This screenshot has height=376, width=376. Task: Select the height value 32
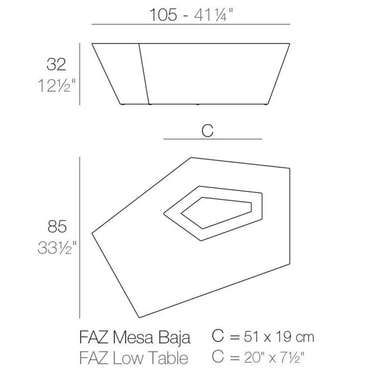click(56, 64)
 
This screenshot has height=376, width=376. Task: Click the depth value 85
click(57, 227)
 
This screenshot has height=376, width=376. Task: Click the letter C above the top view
click(208, 131)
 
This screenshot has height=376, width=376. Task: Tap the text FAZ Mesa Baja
click(135, 337)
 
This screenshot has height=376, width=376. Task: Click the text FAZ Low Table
click(134, 358)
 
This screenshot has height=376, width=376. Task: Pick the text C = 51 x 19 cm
click(263, 337)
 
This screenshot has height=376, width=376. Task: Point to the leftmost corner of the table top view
click(92, 232)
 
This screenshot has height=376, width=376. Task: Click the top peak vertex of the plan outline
click(191, 158)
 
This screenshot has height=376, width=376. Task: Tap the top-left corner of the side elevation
click(93, 44)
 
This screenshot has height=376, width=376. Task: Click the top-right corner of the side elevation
click(290, 44)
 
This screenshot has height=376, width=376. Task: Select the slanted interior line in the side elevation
click(144, 73)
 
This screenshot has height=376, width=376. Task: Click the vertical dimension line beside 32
click(80, 73)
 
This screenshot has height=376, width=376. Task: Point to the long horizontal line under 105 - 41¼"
click(191, 24)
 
